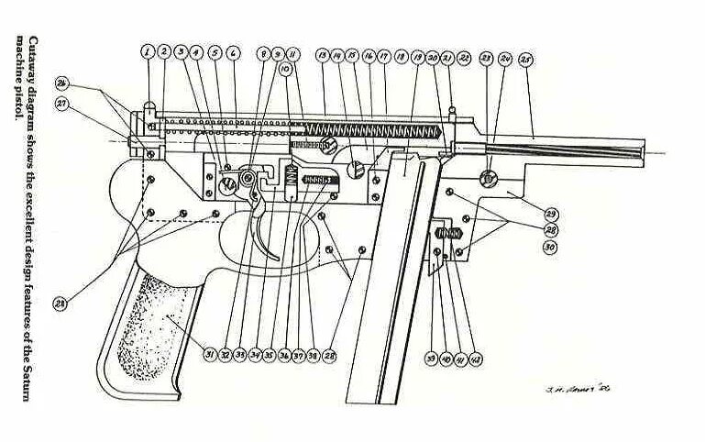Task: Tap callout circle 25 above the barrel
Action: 525,59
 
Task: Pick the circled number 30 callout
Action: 550,248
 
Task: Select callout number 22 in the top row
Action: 464,58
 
